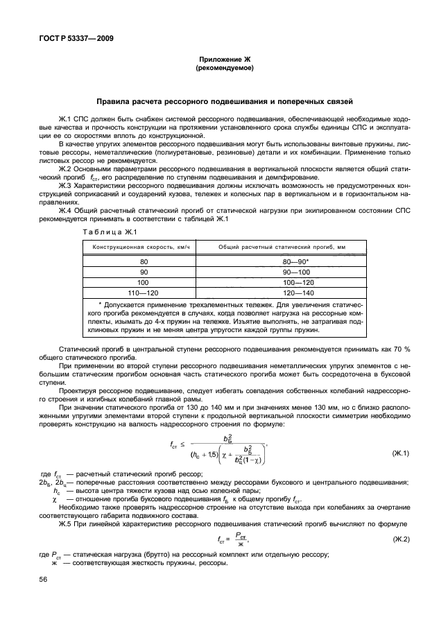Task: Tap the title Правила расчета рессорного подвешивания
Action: click(x=225, y=101)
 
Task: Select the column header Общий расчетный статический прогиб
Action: click(x=282, y=248)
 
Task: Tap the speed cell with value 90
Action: click(x=144, y=273)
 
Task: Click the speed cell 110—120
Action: click(x=144, y=294)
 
